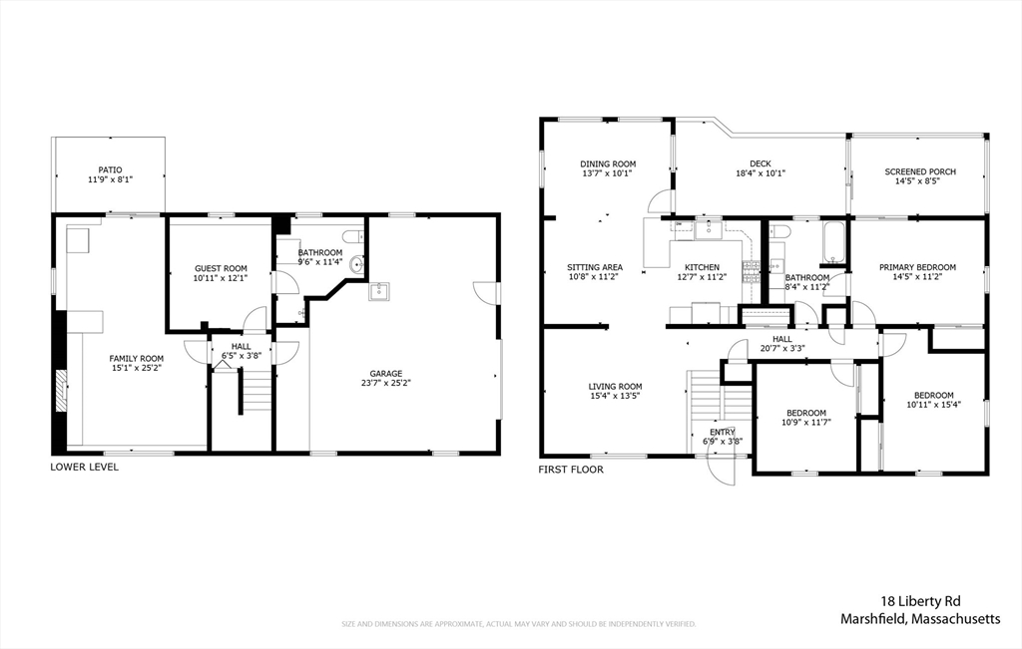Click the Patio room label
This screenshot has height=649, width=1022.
tap(110, 169)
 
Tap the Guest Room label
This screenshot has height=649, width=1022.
tap(221, 268)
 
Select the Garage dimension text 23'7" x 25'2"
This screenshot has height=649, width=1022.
tap(386, 383)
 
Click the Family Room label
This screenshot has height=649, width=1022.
tap(136, 358)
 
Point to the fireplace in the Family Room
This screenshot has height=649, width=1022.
tap(61, 390)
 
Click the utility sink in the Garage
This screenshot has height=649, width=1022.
tap(379, 292)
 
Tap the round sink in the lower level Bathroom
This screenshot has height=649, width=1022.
tap(356, 264)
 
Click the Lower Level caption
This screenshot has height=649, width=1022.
tap(85, 467)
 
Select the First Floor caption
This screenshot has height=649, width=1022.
tap(571, 470)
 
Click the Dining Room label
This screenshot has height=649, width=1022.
tap(608, 164)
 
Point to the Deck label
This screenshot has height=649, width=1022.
tap(760, 164)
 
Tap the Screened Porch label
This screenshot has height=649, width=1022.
tap(920, 171)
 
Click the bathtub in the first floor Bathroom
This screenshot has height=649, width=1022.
tap(834, 243)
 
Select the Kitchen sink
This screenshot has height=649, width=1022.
tap(708, 229)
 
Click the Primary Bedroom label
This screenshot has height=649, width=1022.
tap(918, 267)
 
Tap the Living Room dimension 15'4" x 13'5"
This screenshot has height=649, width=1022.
tap(616, 395)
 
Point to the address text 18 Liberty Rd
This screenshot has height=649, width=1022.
tap(920, 601)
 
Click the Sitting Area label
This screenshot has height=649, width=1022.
tap(595, 267)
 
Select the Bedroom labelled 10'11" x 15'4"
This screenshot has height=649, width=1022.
tap(934, 395)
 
